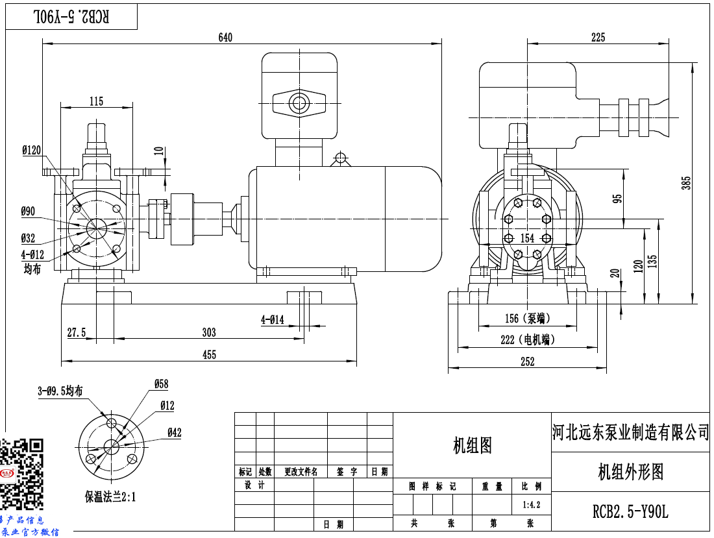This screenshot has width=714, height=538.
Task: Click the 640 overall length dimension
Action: click(x=225, y=38)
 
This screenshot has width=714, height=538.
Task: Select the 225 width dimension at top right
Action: click(x=598, y=38)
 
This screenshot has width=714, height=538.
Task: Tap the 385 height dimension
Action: click(x=687, y=184)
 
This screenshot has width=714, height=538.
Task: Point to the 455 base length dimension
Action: click(x=209, y=354)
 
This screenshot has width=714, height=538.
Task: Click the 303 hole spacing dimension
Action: click(x=208, y=332)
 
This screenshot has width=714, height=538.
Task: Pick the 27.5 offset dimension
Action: click(x=77, y=332)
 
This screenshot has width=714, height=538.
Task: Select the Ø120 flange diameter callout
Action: click(x=31, y=150)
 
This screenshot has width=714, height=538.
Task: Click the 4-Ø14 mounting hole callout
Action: click(x=273, y=319)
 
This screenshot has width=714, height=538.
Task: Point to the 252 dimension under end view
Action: click(x=527, y=362)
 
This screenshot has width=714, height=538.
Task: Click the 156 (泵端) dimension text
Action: click(x=527, y=319)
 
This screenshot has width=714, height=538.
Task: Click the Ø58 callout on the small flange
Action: click(x=160, y=384)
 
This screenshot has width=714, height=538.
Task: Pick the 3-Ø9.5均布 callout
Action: click(x=60, y=391)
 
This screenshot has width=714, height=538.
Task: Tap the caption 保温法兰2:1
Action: click(x=110, y=497)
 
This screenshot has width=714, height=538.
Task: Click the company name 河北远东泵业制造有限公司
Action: click(x=631, y=432)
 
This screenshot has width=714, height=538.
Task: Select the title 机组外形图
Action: click(x=630, y=472)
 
